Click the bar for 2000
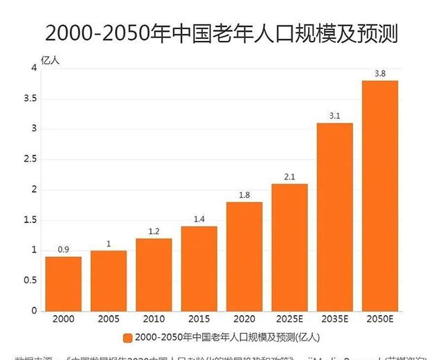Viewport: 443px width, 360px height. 64,284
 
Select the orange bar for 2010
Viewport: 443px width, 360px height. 154,275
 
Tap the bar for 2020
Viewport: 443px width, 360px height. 244,256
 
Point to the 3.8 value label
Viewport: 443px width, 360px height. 380,73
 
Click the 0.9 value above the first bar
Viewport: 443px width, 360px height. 64,249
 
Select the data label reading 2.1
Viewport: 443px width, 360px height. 289,177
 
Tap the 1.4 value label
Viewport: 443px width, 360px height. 199,219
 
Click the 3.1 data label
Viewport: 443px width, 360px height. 335,116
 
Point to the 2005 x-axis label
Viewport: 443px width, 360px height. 109,321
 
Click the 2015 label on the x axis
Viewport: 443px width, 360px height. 199,321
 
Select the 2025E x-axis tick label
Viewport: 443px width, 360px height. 289,321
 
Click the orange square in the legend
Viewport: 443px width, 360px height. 127,338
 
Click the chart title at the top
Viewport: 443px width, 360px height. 221,32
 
